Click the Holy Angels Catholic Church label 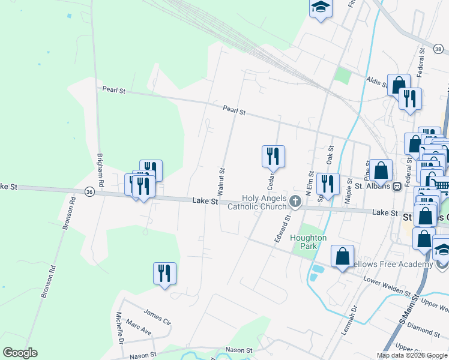(x=261, y=203)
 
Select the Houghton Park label (x=308, y=242)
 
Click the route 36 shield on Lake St (x=89, y=192)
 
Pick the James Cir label (x=158, y=314)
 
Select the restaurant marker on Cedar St (x=273, y=155)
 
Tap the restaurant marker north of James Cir (x=164, y=273)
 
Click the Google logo (x=20, y=353)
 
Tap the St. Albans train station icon (x=397, y=186)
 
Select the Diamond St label (x=422, y=326)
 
